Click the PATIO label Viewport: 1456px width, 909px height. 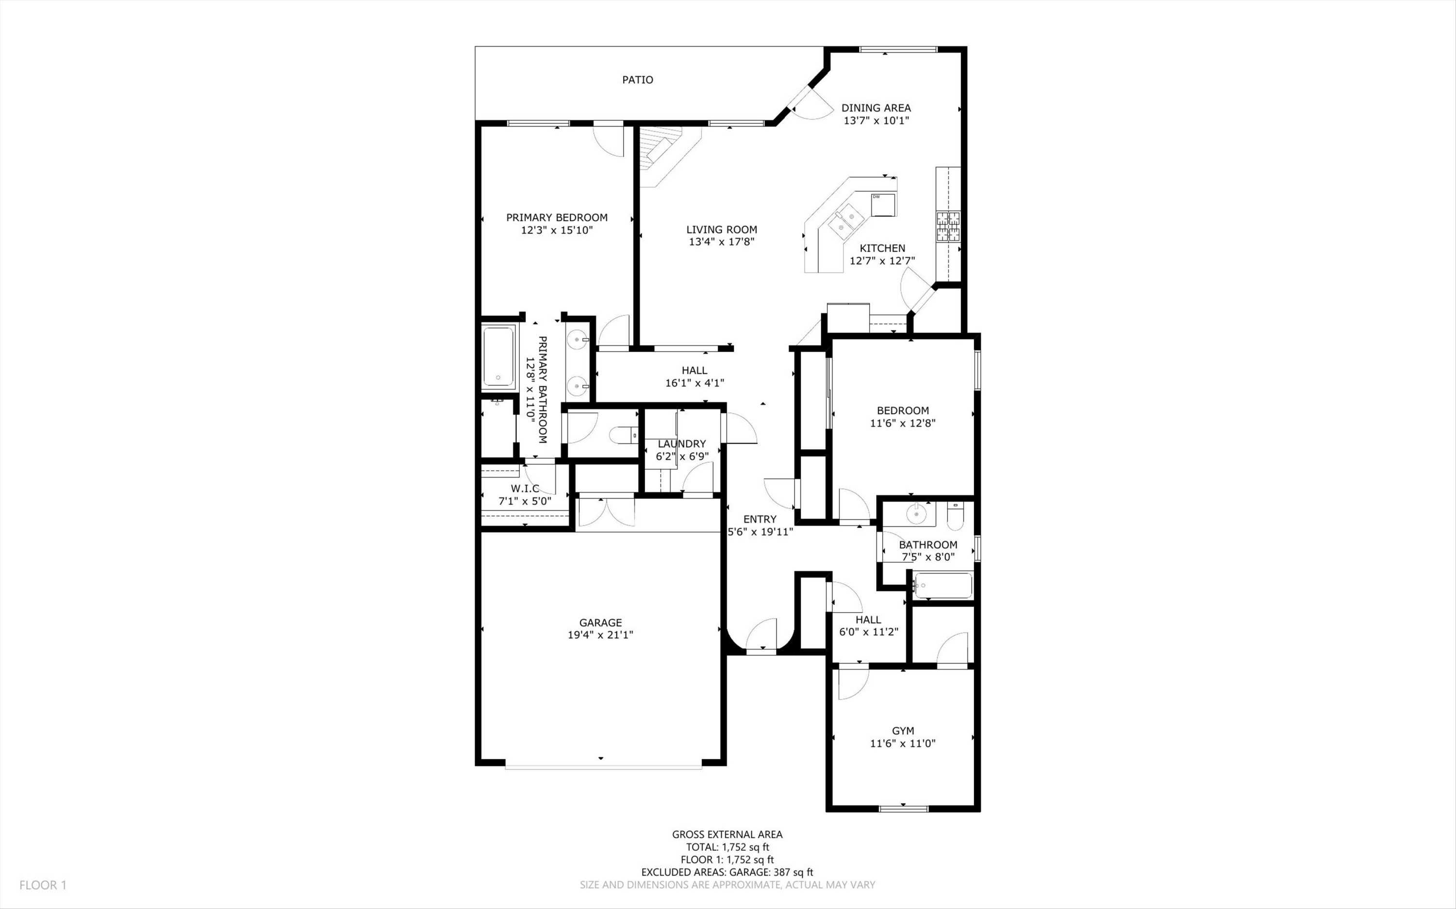click(x=638, y=80)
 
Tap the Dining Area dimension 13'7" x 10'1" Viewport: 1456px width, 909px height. click(x=876, y=120)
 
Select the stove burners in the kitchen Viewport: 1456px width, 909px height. click(x=948, y=226)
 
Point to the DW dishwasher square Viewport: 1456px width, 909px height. click(x=883, y=204)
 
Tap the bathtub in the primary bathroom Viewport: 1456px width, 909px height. click(x=498, y=356)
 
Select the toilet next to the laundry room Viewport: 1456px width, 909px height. click(x=624, y=435)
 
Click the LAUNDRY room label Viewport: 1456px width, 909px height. click(x=681, y=444)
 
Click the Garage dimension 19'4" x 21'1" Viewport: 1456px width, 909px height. click(x=600, y=635)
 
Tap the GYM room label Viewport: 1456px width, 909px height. click(x=903, y=730)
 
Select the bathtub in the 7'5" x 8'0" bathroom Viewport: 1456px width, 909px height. click(x=942, y=585)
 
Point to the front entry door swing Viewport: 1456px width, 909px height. click(x=761, y=634)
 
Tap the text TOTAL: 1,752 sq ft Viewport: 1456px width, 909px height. click(x=727, y=847)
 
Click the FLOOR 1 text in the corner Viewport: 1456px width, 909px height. click(x=43, y=885)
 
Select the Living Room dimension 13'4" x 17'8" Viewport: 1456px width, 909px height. click(x=721, y=242)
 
